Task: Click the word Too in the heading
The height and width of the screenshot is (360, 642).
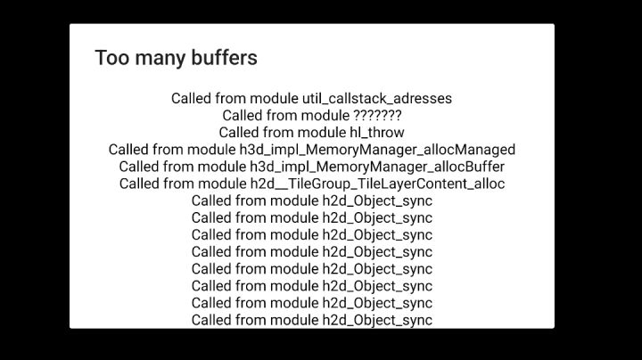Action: tap(112, 58)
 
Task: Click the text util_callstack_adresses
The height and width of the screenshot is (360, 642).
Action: tap(377, 99)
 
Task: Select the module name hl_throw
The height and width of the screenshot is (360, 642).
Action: tap(376, 133)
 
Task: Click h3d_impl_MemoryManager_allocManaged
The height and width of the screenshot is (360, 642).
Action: tap(377, 150)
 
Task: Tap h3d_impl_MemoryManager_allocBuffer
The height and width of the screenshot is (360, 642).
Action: tap(377, 167)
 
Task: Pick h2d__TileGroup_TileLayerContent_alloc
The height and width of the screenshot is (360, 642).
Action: tap(377, 184)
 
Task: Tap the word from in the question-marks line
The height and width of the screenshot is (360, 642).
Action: tap(282, 115)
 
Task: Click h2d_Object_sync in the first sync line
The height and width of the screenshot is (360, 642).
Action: tap(377, 200)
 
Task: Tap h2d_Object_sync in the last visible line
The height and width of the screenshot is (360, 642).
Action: tap(377, 320)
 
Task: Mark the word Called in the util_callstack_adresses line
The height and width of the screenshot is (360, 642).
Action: tap(191, 99)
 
